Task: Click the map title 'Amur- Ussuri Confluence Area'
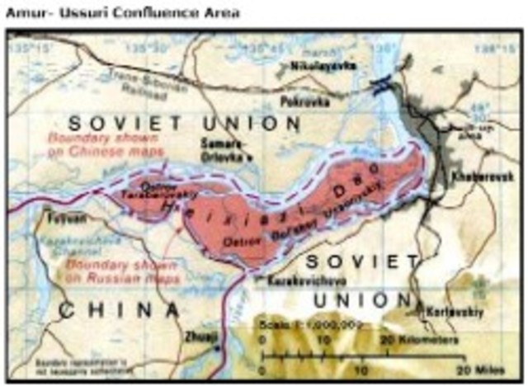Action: point(124,12)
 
